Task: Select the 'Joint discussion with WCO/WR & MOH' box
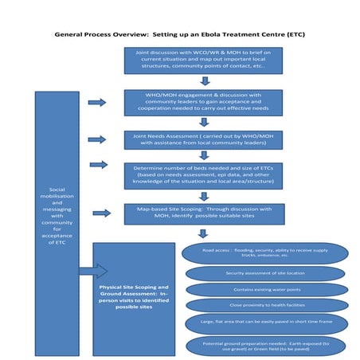[204, 61]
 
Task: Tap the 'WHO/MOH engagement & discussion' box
[204, 103]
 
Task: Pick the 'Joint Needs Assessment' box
[204, 139]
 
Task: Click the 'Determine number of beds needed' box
[204, 175]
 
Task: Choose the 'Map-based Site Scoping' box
[204, 213]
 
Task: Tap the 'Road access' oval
[266, 253]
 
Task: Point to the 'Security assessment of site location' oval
[266, 273]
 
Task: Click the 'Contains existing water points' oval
[266, 290]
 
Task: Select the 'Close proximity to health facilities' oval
[266, 306]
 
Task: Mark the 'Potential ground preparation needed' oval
[266, 345]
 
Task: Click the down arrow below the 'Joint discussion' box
[205, 80]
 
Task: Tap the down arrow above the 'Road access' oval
[204, 234]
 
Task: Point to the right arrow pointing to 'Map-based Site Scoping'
[101, 213]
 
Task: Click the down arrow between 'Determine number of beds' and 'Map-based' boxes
[205, 195]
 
